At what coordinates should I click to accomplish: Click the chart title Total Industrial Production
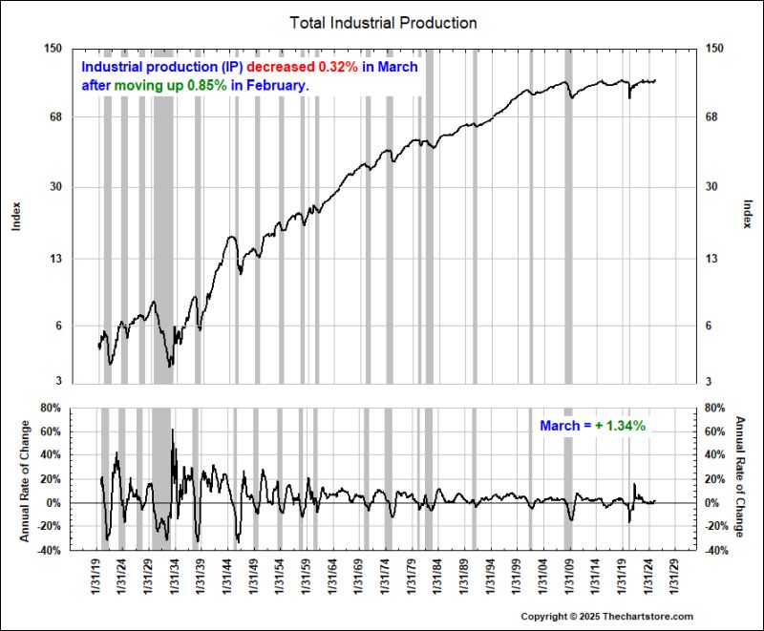click(x=382, y=22)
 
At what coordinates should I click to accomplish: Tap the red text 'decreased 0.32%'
click(x=304, y=68)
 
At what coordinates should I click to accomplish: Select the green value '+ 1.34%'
click(x=621, y=426)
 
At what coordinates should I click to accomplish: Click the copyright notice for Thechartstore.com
click(x=607, y=617)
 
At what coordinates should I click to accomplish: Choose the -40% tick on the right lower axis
click(x=718, y=551)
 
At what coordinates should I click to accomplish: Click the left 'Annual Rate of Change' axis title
click(x=24, y=479)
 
